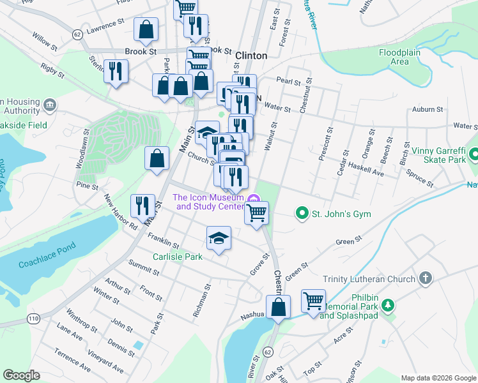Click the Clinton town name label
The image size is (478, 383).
tap(251, 56)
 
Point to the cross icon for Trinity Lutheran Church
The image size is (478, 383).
tap(425, 278)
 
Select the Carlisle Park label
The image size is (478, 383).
tap(177, 257)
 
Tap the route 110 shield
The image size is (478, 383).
tap(33, 317)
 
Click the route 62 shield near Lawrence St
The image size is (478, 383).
tap(77, 34)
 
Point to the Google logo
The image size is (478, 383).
tap(21, 375)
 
